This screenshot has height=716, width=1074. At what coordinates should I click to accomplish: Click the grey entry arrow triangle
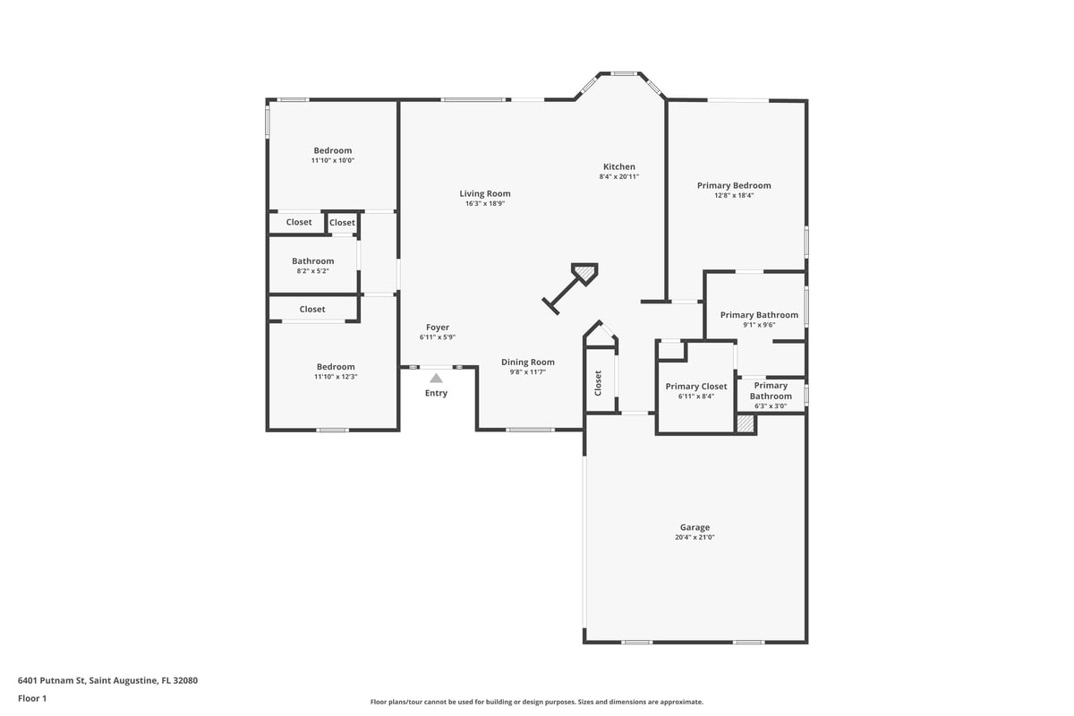pos(436,379)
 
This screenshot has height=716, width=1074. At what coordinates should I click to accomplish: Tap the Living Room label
pos(485,193)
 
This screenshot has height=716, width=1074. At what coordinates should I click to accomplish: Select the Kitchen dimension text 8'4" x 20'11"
pos(619,176)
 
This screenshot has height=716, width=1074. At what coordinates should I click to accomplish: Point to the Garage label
pos(695,527)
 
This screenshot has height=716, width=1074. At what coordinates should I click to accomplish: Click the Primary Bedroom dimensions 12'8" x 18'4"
pos(734,195)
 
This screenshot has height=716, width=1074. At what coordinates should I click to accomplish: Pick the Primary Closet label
pos(696,387)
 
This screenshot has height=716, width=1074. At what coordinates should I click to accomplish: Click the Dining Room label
pos(528,362)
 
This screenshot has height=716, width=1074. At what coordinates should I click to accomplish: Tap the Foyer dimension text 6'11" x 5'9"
pos(438,337)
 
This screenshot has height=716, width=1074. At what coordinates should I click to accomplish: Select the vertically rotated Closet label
pos(598,383)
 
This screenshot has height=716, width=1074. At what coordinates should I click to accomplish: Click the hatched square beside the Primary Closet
pos(746,423)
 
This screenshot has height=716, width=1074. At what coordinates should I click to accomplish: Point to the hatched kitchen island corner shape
pos(584,274)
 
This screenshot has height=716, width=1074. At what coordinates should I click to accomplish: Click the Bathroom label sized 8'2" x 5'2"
pos(312,261)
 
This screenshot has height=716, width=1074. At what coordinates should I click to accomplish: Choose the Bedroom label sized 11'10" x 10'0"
pos(333,150)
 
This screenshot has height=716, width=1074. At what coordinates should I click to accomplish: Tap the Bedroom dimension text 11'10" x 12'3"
pos(336,377)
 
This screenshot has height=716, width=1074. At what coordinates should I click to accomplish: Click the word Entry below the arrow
pos(436,393)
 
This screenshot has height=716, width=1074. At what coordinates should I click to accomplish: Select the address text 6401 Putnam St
pos(52,680)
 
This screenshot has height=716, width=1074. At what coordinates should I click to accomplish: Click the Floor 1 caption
pos(32,699)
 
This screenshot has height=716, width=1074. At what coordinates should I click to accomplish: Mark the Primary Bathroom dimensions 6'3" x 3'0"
pos(771,406)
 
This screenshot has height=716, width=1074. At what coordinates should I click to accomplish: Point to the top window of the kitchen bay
pos(623,74)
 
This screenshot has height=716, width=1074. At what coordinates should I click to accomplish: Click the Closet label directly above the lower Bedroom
pos(312,310)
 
